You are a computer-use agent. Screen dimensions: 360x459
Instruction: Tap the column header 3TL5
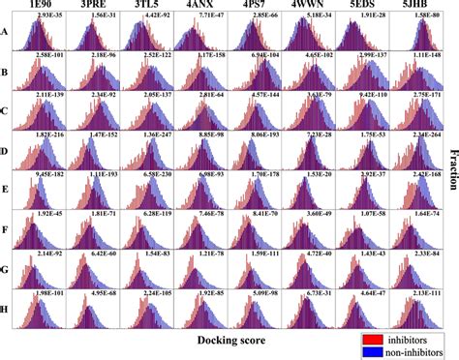(x=148, y=6)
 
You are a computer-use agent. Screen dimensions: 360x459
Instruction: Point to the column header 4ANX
(x=200, y=6)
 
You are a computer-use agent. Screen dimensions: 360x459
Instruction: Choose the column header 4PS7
(x=253, y=6)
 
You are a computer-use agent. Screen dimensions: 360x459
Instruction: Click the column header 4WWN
(x=307, y=6)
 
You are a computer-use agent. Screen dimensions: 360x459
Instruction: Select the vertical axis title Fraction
(x=449, y=169)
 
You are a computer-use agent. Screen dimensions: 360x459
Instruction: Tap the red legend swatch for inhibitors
(x=370, y=339)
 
